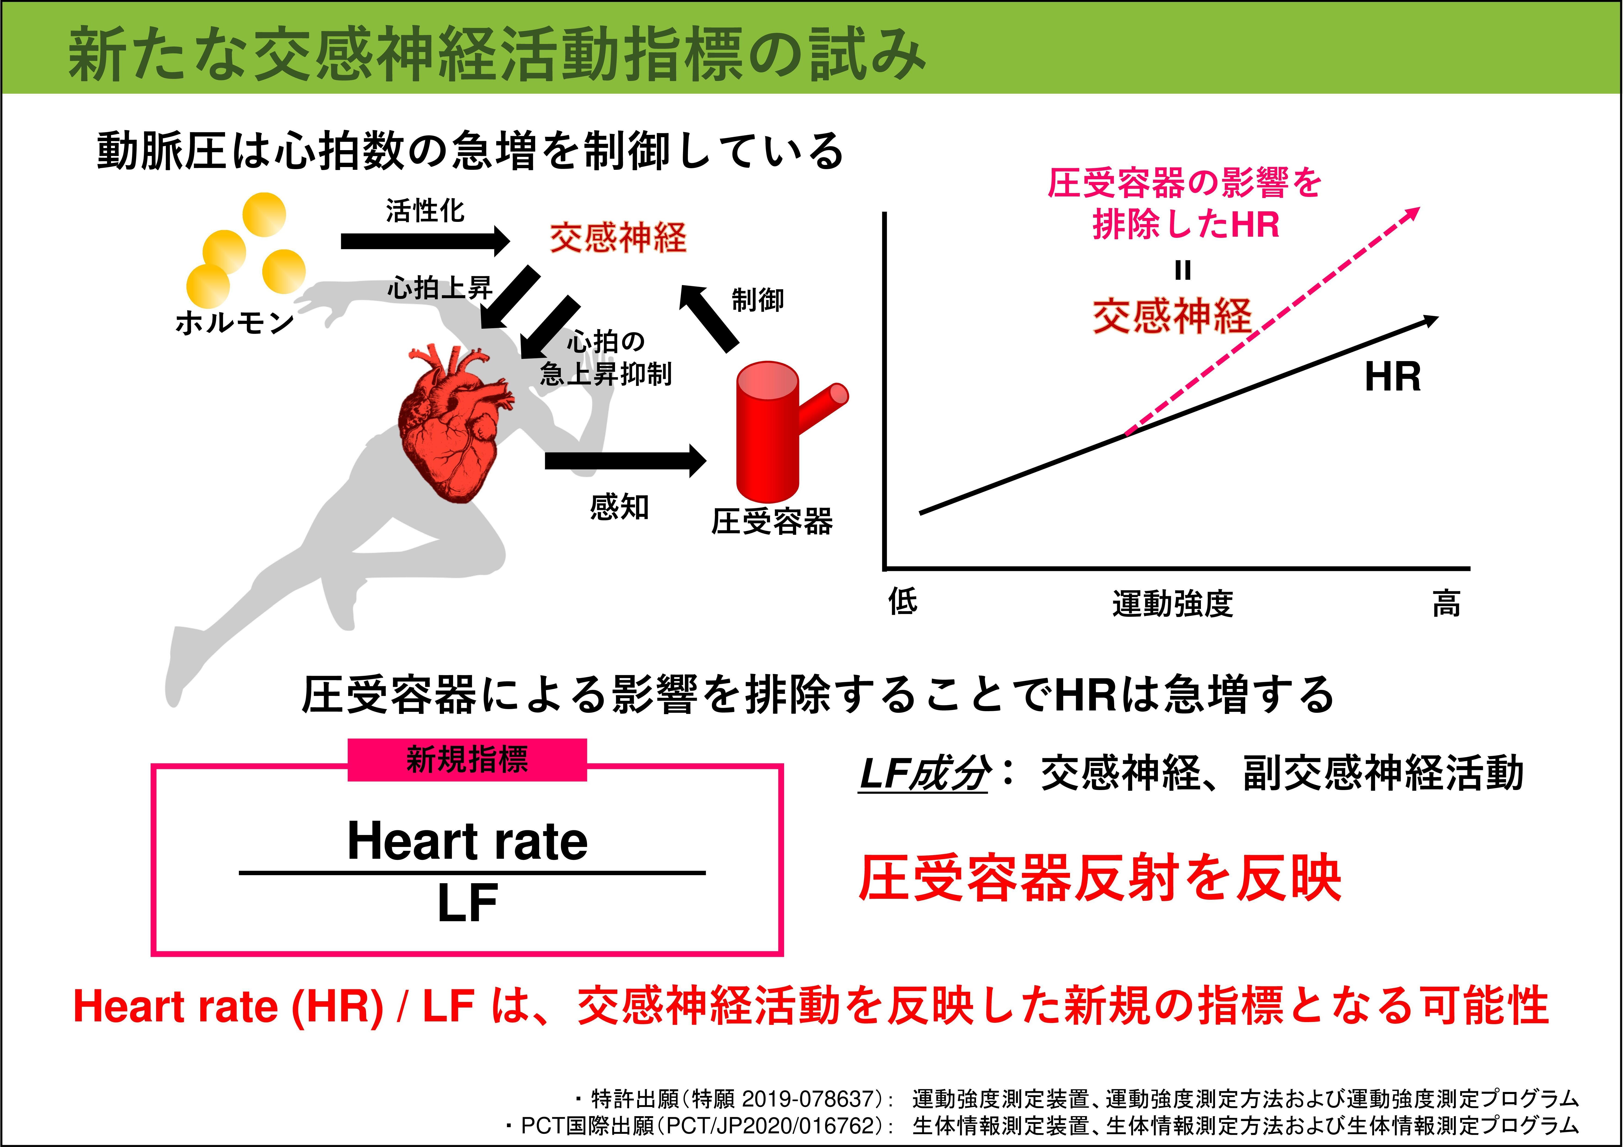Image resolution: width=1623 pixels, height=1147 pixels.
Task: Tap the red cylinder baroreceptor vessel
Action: (770, 431)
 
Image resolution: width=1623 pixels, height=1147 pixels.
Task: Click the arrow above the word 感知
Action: (626, 461)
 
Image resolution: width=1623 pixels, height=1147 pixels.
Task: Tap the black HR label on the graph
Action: (1393, 377)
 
